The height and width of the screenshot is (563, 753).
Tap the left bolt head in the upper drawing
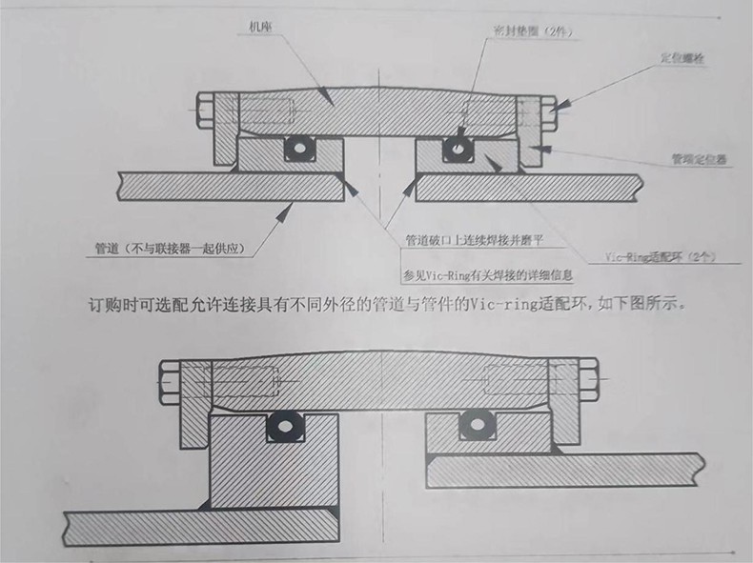click(x=205, y=112)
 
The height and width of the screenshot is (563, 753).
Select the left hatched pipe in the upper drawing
click(x=229, y=185)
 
